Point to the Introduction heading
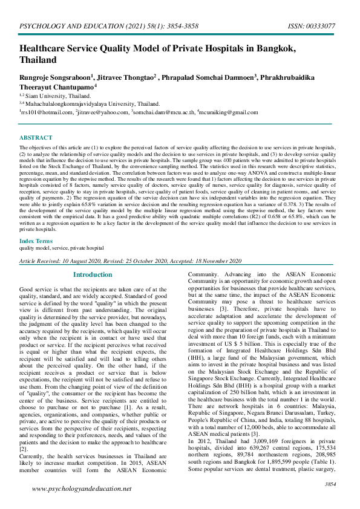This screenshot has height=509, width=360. pyautogui.click(x=93, y=274)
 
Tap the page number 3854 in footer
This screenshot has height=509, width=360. pyautogui.click(x=330, y=484)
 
